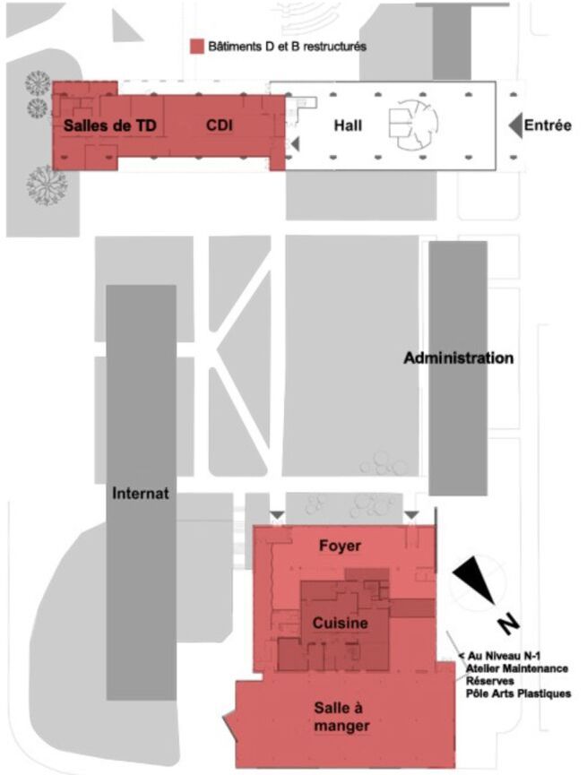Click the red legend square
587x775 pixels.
(x=195, y=45)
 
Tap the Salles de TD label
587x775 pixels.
(x=109, y=126)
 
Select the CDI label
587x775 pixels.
(x=220, y=126)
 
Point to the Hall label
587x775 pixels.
(x=348, y=126)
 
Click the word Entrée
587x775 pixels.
(x=548, y=126)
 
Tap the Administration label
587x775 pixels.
(x=459, y=358)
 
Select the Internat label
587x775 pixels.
(x=141, y=493)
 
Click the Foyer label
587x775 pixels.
(x=340, y=546)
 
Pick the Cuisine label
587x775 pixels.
(x=340, y=622)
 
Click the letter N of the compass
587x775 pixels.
(x=507, y=620)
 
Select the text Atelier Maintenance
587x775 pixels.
(x=517, y=668)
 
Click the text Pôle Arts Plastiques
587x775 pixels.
(x=518, y=693)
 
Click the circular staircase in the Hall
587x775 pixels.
(x=410, y=125)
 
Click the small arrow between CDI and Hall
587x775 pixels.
(x=295, y=144)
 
